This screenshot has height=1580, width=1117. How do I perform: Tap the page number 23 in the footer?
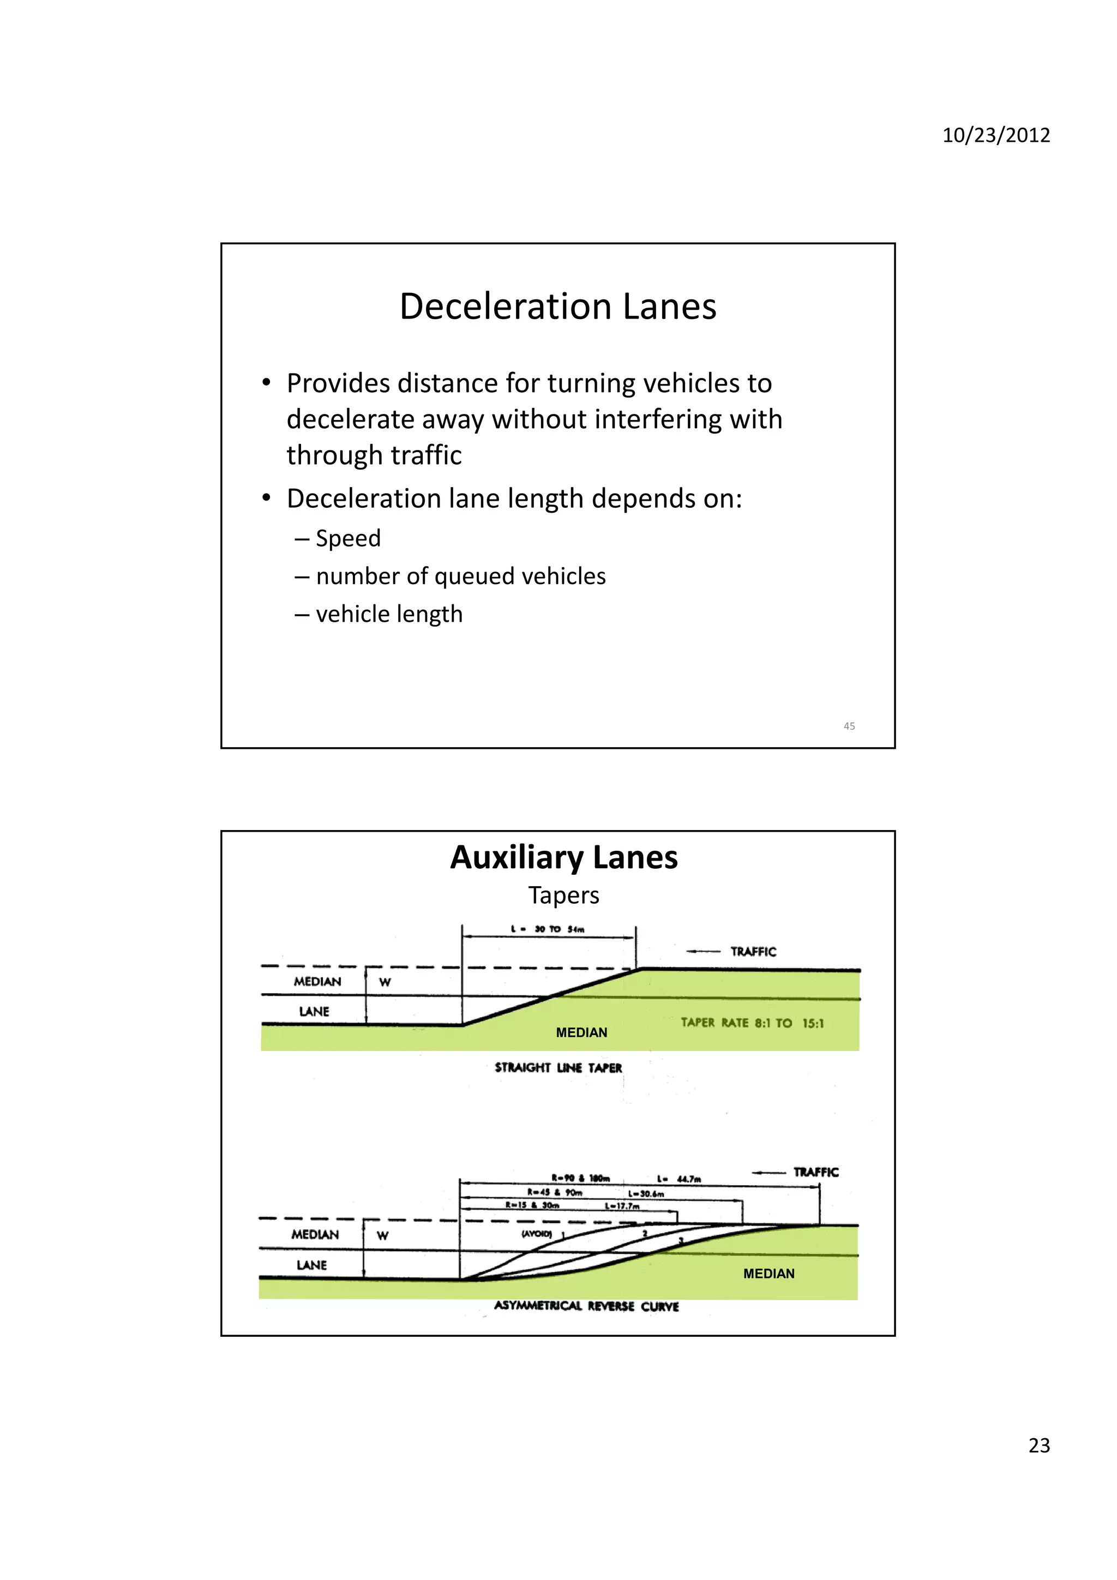pyautogui.click(x=1038, y=1446)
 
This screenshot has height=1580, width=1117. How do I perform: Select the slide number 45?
pyautogui.click(x=849, y=726)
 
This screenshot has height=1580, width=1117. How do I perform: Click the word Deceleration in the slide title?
pyautogui.click(x=506, y=307)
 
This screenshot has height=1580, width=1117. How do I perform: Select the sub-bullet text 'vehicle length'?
pyautogui.click(x=389, y=614)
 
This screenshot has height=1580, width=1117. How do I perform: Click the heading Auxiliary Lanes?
pyautogui.click(x=563, y=857)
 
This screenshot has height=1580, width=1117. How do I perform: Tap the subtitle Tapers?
pyautogui.click(x=563, y=896)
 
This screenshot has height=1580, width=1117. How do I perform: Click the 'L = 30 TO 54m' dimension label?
pyautogui.click(x=548, y=929)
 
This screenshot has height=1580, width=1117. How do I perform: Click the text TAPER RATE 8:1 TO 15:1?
pyautogui.click(x=752, y=1023)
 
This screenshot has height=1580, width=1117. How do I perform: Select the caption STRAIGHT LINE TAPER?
pyautogui.click(x=558, y=1067)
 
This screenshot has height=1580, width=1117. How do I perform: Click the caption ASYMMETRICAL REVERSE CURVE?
pyautogui.click(x=586, y=1306)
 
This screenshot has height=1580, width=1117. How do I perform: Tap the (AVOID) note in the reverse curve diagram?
pyautogui.click(x=536, y=1234)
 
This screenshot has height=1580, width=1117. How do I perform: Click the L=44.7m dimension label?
pyautogui.click(x=678, y=1179)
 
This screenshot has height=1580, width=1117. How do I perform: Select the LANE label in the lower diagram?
pyautogui.click(x=312, y=1265)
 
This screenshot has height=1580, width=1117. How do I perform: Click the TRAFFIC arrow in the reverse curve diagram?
pyautogui.click(x=768, y=1173)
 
